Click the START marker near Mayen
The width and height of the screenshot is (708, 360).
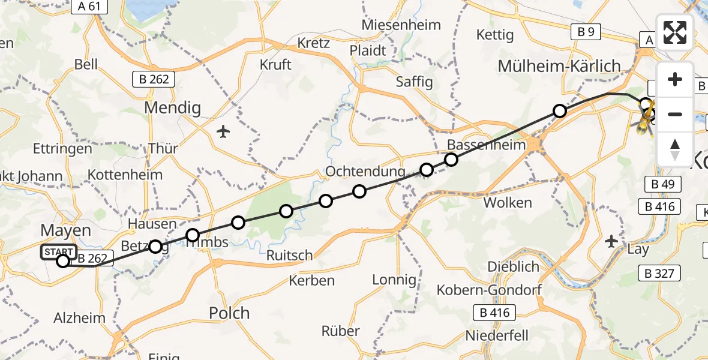pyautogui.click(x=59, y=252)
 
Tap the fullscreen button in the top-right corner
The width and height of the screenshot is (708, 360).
pyautogui.click(x=675, y=32)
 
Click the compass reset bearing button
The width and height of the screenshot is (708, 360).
pyautogui.click(x=675, y=149)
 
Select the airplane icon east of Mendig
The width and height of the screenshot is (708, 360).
pyautogui.click(x=223, y=131)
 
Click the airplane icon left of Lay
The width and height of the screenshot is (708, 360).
pyautogui.click(x=611, y=242)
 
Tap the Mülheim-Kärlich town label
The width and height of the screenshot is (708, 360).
pyautogui.click(x=559, y=66)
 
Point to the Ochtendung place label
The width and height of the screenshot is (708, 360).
pyautogui.click(x=361, y=172)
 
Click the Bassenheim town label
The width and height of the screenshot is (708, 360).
pyautogui.click(x=485, y=145)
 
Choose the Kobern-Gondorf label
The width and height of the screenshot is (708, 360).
pyautogui.click(x=505, y=290)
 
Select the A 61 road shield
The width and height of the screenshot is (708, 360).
pyautogui.click(x=89, y=7)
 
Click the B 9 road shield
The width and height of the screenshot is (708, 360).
pyautogui.click(x=586, y=32)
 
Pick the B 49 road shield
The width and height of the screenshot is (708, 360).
pyautogui.click(x=662, y=184)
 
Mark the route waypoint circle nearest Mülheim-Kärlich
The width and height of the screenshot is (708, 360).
pyautogui.click(x=559, y=111)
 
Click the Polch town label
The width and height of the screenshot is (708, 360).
pyautogui.click(x=229, y=313)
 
